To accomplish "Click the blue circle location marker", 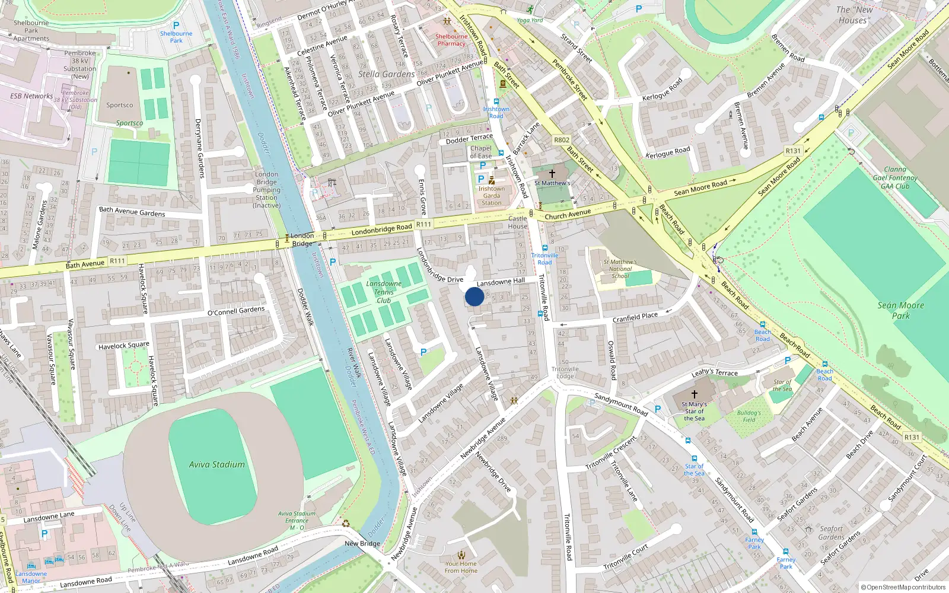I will coord(474,296).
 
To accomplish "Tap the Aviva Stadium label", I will coord(216,465).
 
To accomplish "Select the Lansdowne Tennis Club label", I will coord(384,292).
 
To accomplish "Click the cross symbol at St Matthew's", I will coord(552,174).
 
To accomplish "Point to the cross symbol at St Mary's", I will coord(694,394).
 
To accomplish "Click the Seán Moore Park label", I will coord(900,310).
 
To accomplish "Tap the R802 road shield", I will coord(562,140).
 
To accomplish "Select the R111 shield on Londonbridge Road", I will coord(423,224).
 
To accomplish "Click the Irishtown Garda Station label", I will coord(491,196).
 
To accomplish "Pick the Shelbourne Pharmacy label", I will coord(451,40).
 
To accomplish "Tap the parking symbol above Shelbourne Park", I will coord(176,25).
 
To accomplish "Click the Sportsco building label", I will coord(120,105).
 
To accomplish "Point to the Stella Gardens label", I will coord(386,74).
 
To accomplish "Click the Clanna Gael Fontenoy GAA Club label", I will coord(894,177).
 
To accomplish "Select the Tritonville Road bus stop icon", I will coord(544,248).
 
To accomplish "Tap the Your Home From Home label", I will coord(461,567).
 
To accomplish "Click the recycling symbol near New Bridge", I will coord(346,523).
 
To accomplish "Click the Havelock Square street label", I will coord(123,346).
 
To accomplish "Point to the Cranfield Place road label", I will coord(635,317).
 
